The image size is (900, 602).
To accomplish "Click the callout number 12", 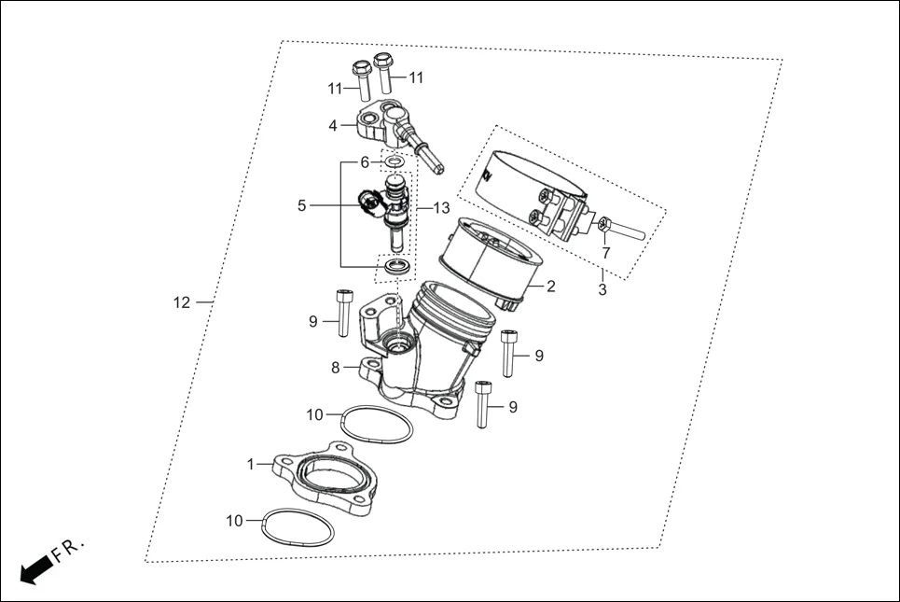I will [x=181, y=302].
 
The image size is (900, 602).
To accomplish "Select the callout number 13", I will [x=440, y=207].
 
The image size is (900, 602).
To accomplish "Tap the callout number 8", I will [x=335, y=368].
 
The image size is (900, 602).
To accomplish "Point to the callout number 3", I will [x=602, y=290].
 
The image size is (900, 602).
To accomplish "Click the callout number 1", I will [x=250, y=463].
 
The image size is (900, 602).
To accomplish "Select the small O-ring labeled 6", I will [x=395, y=162].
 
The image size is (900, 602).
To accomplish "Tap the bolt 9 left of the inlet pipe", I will [x=342, y=313].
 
